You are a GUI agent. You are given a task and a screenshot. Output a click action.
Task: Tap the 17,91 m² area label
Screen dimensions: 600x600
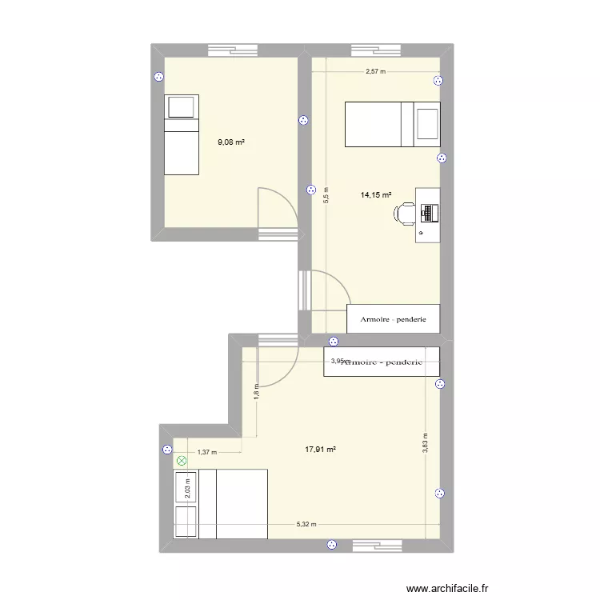click(320, 450)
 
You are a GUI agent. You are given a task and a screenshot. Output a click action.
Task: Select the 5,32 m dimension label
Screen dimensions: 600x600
click(306, 525)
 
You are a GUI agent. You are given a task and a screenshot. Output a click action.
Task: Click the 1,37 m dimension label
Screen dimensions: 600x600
click(206, 452)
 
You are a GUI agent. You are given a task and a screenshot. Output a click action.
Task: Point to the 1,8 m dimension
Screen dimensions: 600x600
click(257, 393)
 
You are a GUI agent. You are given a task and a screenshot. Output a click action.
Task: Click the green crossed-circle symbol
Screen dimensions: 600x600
click(182, 461)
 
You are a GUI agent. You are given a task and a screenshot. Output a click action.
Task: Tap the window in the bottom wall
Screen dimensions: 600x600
click(378, 546)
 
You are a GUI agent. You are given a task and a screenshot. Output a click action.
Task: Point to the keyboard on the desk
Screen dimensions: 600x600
click(430, 213)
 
